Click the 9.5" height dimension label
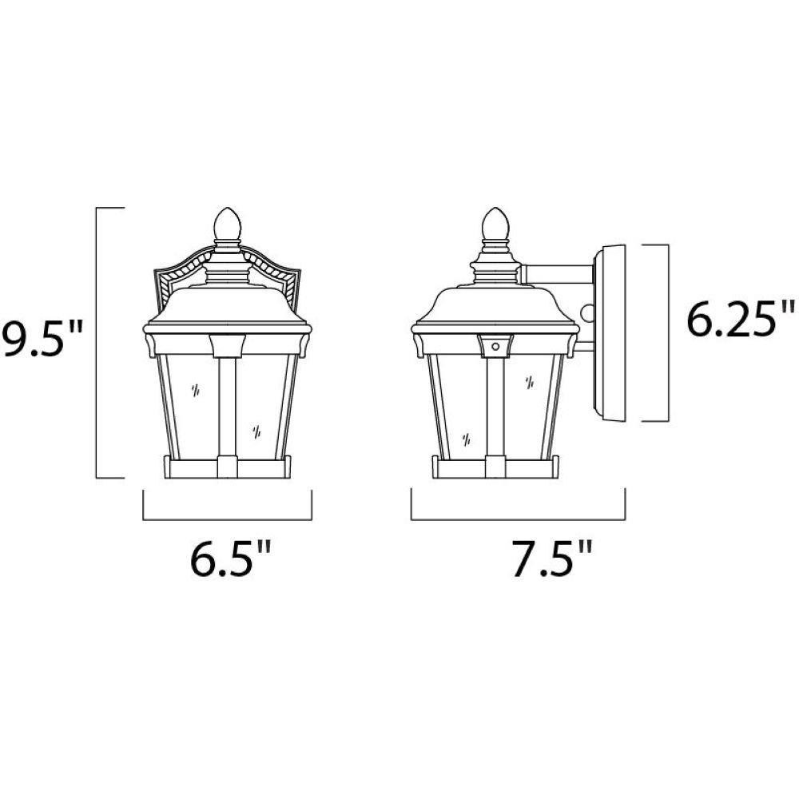coord(41,339)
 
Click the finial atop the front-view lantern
coord(227,225)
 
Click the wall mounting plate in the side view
coord(610,333)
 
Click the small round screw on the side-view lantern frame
coord(495,346)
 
